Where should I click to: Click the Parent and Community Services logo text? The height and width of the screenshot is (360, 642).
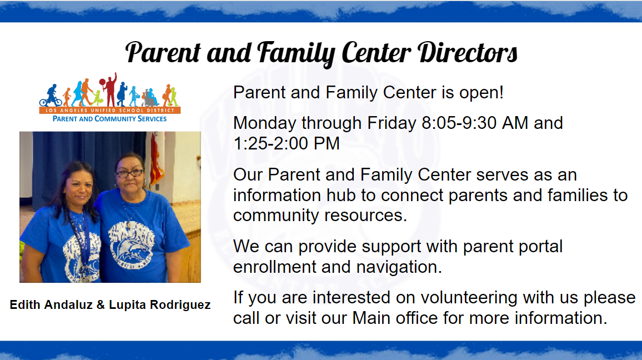[109, 119]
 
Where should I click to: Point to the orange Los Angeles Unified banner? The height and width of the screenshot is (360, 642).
[109, 111]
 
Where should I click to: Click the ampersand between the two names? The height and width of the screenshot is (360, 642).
[101, 305]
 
